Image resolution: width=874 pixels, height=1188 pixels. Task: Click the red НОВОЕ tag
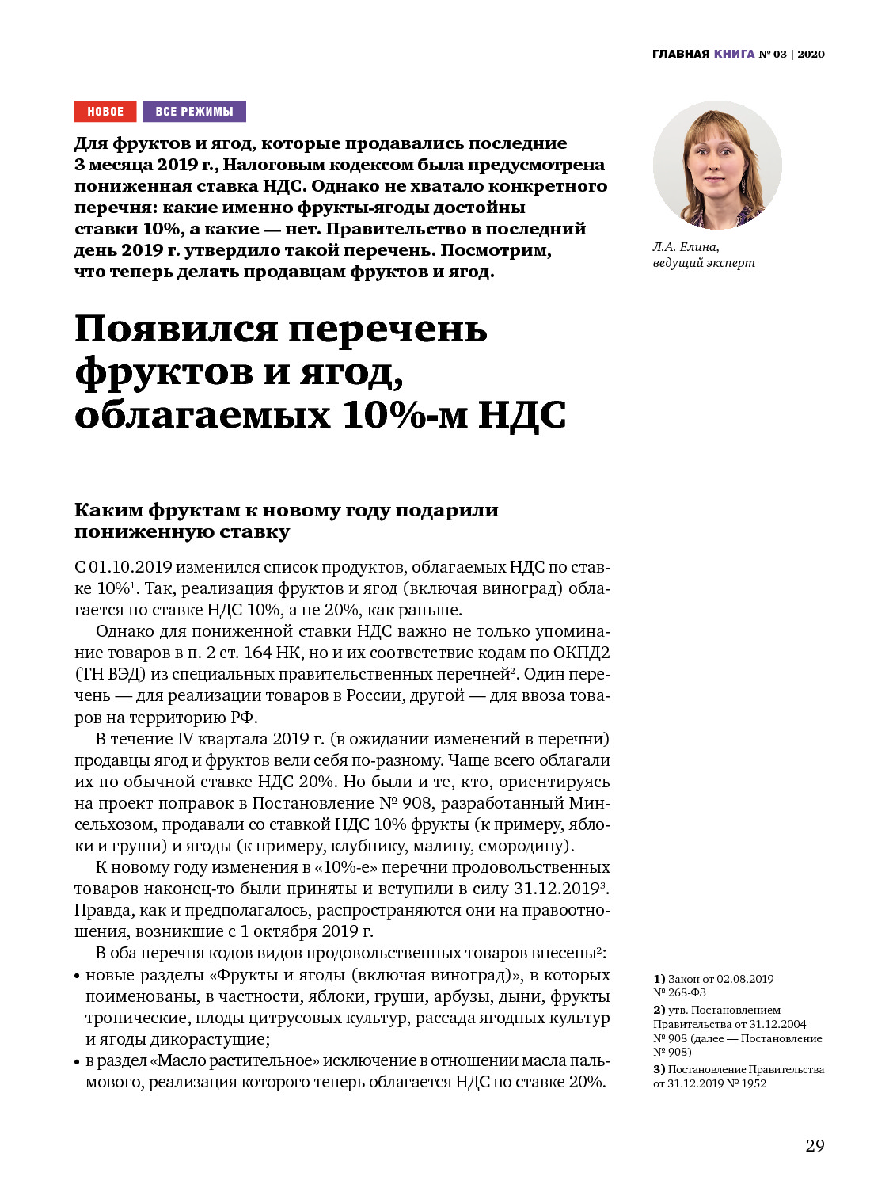point(105,112)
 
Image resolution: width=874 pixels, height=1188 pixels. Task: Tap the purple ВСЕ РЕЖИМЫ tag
point(194,112)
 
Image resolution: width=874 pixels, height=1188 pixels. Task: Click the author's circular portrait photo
point(717,165)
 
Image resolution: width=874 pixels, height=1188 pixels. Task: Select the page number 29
point(815,1146)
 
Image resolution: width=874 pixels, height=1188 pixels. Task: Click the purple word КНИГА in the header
point(734,54)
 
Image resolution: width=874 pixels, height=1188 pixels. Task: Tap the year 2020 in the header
point(811,54)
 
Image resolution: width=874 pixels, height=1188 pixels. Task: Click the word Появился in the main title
point(176,329)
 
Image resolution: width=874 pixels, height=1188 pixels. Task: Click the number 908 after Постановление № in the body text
point(416,803)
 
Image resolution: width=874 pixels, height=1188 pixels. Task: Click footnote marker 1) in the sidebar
point(659,979)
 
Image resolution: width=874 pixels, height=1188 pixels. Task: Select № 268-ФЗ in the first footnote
point(679,992)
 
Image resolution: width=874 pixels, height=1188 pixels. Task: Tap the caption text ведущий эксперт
point(704,263)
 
